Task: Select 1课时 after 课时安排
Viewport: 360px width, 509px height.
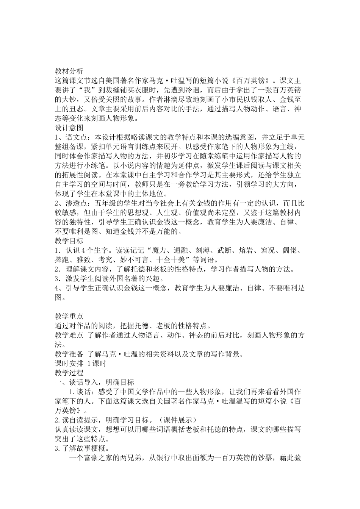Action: coord(97,364)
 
